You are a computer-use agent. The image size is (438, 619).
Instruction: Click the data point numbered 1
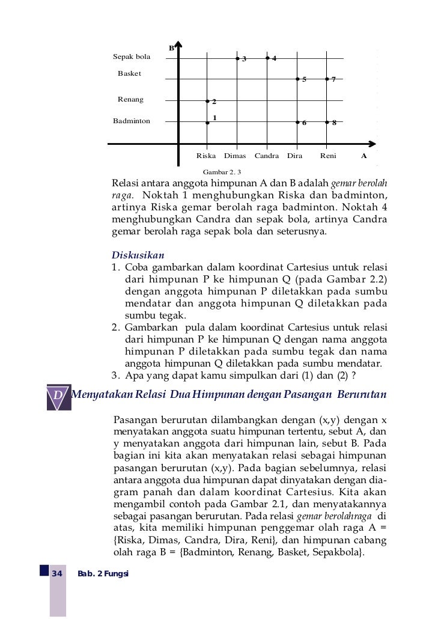click(x=207, y=123)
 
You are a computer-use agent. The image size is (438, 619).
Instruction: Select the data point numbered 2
click(x=207, y=101)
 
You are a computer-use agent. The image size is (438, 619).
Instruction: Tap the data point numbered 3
click(x=237, y=58)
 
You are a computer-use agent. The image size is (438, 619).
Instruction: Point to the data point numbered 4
click(x=267, y=58)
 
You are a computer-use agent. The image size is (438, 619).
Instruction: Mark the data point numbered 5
click(x=297, y=79)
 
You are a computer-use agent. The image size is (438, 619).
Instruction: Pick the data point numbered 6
click(x=297, y=122)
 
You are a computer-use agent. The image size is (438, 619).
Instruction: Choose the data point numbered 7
click(x=327, y=79)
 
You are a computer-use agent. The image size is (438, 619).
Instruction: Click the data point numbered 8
click(x=327, y=122)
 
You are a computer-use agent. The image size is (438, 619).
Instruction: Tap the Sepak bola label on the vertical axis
click(x=132, y=57)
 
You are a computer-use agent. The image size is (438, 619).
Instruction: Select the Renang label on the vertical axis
click(x=130, y=100)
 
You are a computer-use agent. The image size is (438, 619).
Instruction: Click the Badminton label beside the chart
click(x=132, y=121)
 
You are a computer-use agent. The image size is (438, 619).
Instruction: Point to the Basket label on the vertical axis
click(x=129, y=74)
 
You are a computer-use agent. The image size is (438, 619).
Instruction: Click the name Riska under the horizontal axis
click(x=206, y=156)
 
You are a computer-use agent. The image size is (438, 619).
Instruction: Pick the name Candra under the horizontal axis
click(x=267, y=156)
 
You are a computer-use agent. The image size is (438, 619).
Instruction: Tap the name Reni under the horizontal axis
click(x=328, y=156)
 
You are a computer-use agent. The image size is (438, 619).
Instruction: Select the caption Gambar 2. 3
click(x=222, y=172)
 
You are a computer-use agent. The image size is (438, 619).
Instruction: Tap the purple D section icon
click(x=58, y=396)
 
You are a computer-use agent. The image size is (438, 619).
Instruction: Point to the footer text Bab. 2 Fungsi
click(x=103, y=574)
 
